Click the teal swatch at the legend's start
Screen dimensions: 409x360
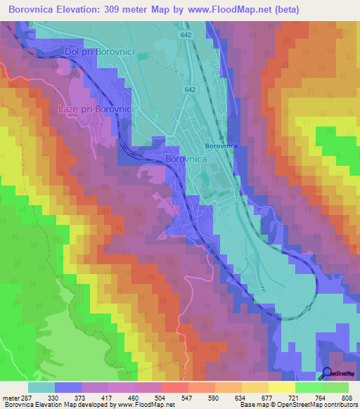(41, 387)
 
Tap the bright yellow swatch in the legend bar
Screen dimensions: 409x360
(281, 387)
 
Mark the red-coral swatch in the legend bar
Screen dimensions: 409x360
(174, 387)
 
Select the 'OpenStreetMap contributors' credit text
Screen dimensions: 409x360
(311, 404)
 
